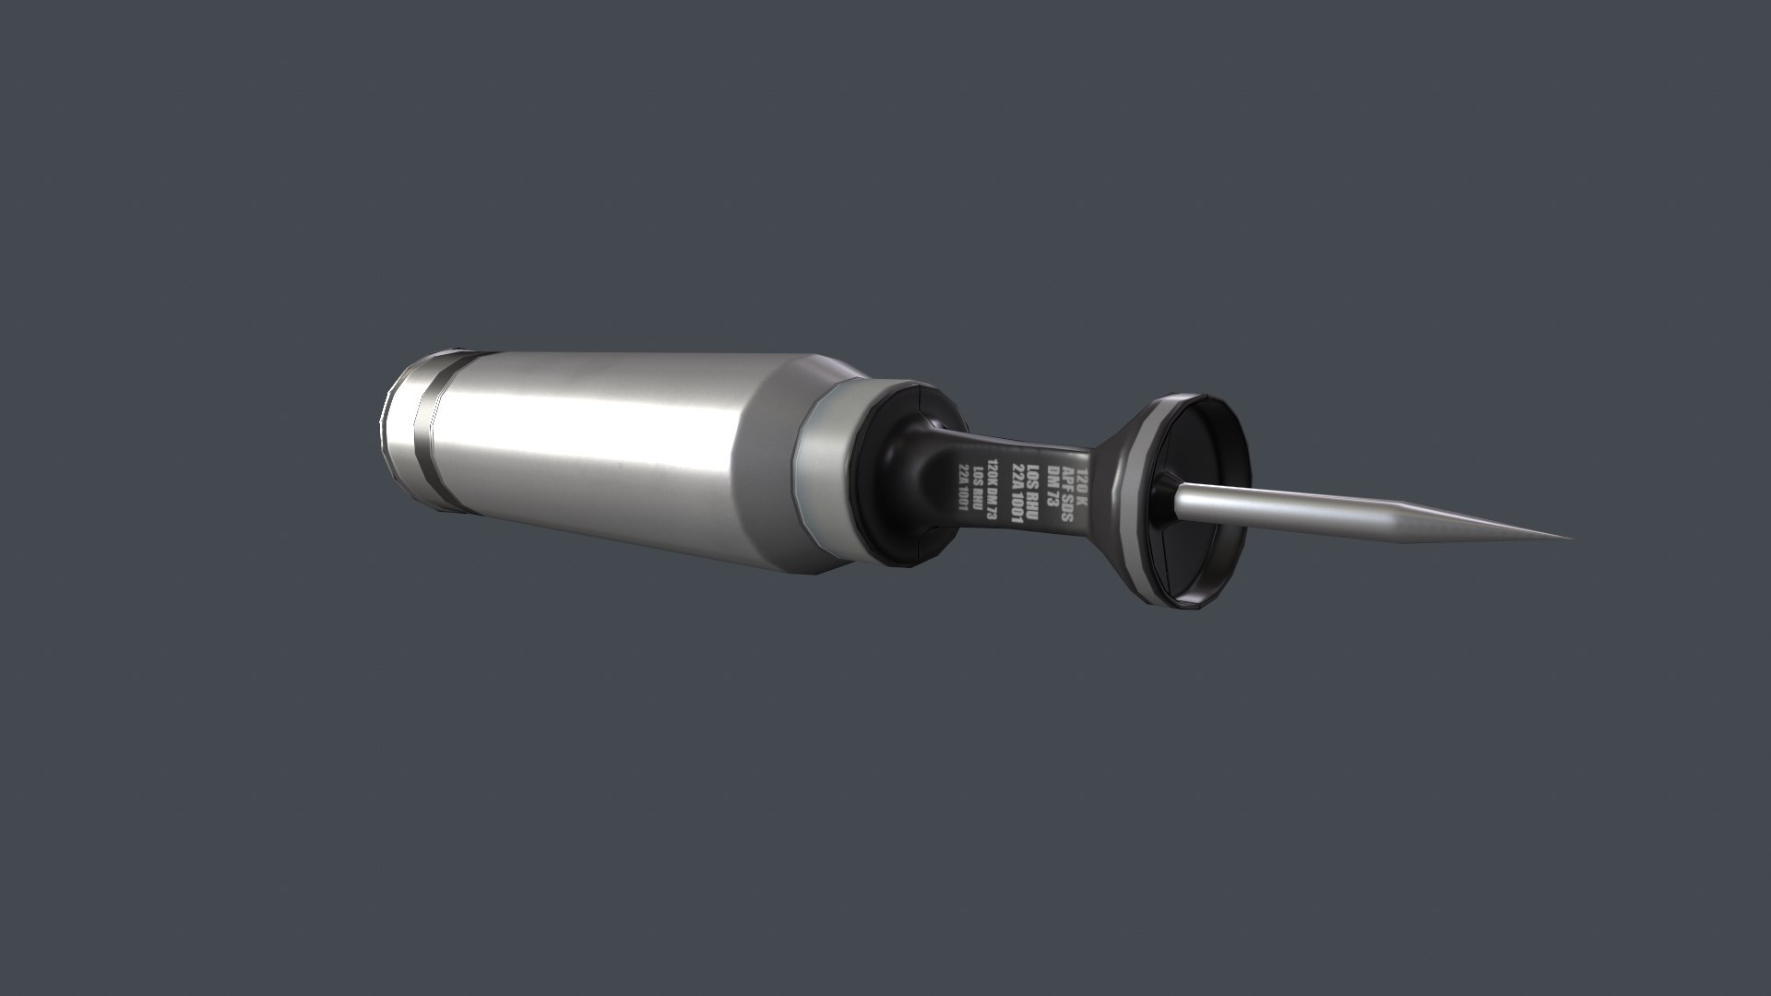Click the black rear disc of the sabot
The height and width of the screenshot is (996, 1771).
pyautogui.click(x=899, y=475)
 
